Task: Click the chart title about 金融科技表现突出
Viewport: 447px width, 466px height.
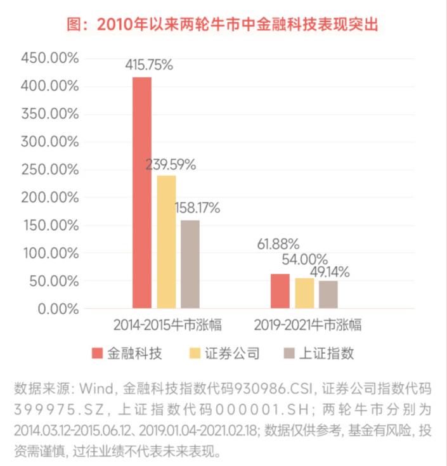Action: point(223,25)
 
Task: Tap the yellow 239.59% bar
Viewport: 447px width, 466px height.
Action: point(166,242)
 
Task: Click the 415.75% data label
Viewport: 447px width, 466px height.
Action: point(150,65)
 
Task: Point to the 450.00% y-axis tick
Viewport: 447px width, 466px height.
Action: point(50,58)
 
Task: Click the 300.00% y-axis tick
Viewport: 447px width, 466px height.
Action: point(50,141)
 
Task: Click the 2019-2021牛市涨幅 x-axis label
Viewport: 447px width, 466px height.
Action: point(308,325)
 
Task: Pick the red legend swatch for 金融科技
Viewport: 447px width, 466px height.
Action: point(97,354)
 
